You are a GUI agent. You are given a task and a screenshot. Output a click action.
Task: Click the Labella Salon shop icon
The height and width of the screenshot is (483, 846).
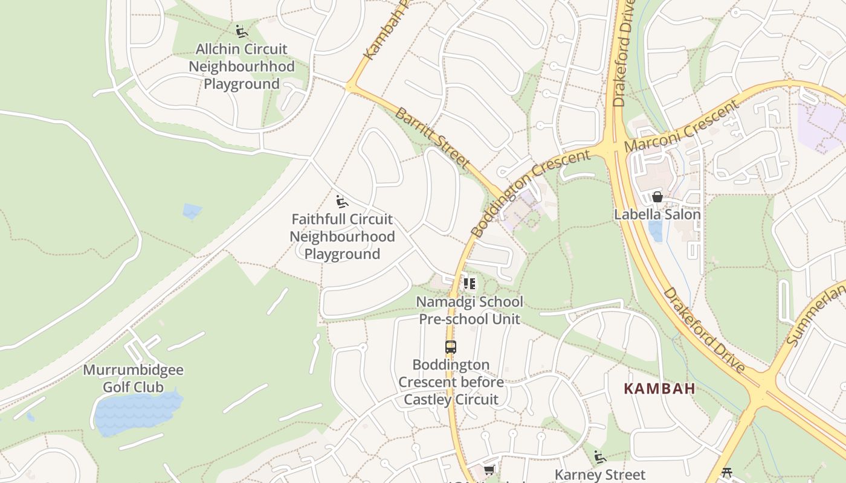point(657,197)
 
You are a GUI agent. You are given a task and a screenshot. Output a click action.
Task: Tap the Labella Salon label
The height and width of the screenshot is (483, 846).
point(657,214)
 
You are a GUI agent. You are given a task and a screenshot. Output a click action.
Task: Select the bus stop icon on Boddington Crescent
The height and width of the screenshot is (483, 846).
point(451,347)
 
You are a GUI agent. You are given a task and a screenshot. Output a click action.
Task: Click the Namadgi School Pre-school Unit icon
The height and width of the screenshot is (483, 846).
point(470,284)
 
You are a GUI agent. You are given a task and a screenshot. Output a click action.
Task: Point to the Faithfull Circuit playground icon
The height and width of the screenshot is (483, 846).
point(342,201)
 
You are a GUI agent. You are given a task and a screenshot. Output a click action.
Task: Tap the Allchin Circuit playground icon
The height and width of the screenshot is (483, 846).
point(242,31)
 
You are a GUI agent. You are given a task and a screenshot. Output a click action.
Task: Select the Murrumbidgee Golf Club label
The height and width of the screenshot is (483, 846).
point(133,379)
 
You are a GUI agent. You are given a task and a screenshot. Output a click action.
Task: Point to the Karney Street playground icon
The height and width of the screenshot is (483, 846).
point(599,457)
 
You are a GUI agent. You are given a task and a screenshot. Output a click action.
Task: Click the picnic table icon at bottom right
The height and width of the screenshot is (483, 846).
point(726,472)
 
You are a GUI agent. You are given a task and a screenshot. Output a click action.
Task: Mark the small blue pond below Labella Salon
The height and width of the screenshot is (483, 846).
point(654,231)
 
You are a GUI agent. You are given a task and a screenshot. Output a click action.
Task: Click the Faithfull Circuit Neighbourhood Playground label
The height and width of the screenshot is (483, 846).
point(342,237)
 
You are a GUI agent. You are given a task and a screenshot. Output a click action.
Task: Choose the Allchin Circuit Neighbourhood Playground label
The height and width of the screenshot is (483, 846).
point(242,66)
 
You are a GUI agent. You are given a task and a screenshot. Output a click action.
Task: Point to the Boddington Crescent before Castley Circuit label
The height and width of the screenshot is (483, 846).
point(451,382)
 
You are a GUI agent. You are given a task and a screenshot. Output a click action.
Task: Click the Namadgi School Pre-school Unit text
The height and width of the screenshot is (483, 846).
point(470,310)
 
